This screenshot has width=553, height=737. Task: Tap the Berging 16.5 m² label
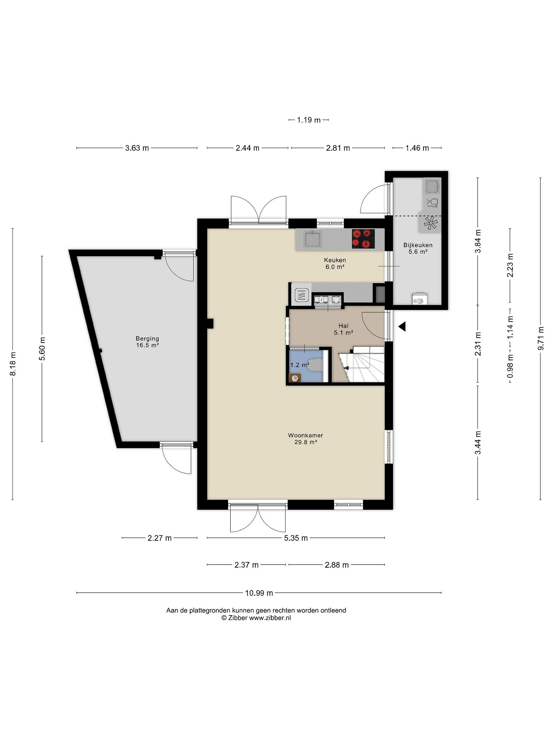coord(147,342)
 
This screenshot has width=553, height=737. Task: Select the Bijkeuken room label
coord(418,245)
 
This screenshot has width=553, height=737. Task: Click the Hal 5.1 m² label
coord(343,329)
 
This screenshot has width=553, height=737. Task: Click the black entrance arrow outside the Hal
coord(402,327)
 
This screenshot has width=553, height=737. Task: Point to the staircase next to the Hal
coord(362,364)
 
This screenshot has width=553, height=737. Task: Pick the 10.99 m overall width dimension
coord(259,593)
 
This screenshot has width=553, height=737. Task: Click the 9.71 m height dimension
coord(541,338)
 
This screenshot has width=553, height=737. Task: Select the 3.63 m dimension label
coord(137,148)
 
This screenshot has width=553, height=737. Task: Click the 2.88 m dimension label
coord(337,565)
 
